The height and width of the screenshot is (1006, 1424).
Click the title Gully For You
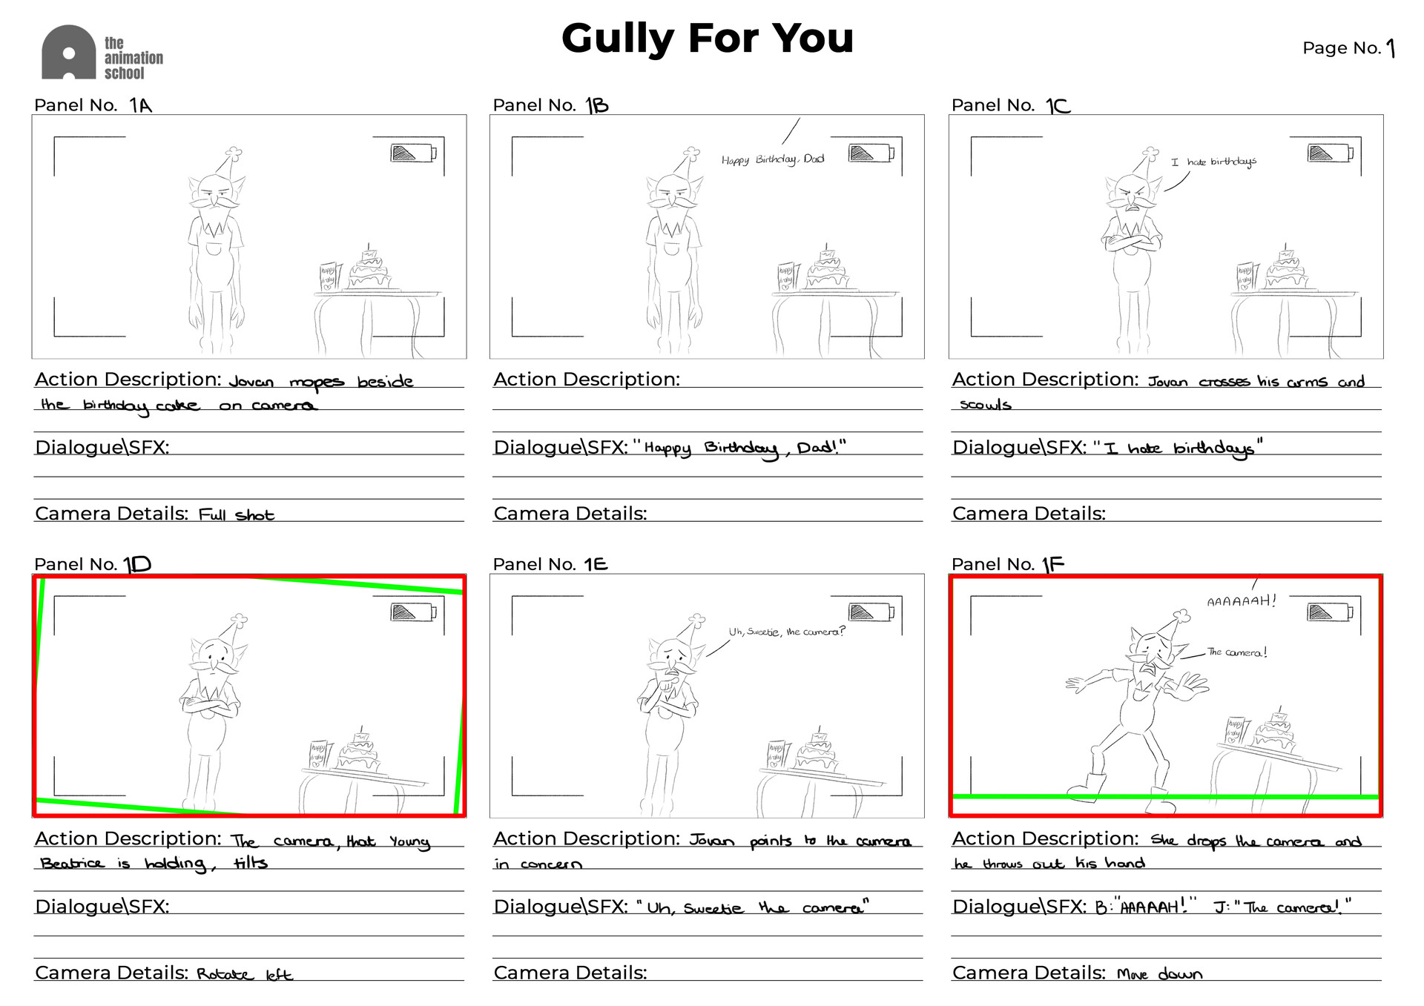707,39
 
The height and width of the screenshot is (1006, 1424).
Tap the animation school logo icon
68,53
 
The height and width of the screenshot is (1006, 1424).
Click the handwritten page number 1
1391,49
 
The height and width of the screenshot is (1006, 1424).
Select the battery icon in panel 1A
413,153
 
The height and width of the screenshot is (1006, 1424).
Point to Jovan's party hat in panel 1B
689,163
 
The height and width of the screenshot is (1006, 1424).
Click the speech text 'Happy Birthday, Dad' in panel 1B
772,159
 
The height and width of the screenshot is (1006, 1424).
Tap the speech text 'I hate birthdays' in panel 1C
1213,162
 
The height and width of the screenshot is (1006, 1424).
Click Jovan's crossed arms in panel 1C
1131,243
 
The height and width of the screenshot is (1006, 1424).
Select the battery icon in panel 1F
1330,612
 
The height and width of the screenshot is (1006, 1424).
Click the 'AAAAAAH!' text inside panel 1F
1242,600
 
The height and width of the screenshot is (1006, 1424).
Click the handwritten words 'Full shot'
236,514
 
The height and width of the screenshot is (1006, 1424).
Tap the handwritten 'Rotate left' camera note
244,974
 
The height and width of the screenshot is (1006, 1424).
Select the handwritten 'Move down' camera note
1159,974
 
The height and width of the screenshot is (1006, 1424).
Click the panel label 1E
596,564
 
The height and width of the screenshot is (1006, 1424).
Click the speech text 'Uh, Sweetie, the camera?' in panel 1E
786,632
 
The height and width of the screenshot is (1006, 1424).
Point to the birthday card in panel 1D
319,754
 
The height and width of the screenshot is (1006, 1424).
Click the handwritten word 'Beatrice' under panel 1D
72,864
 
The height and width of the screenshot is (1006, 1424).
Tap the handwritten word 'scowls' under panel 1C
985,405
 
